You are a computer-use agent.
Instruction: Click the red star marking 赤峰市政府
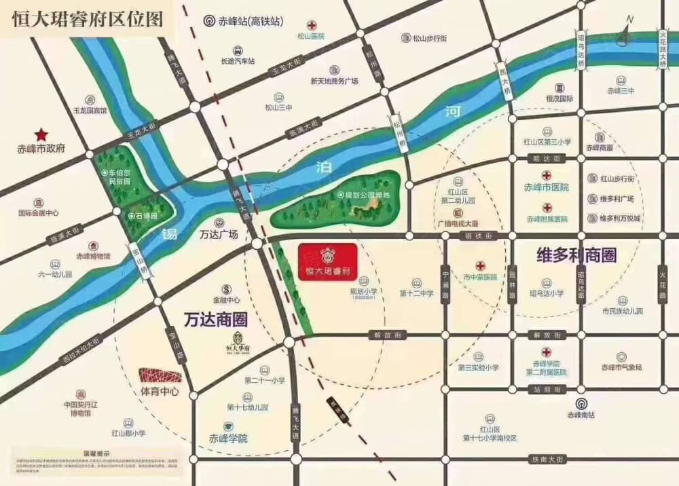41,135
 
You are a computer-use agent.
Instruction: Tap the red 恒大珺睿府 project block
327,262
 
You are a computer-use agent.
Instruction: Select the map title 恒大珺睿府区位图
88,18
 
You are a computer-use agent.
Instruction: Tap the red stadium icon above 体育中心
160,375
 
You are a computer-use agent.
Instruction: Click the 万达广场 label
219,235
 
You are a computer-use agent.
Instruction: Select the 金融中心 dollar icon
227,288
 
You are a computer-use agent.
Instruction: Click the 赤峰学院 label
228,438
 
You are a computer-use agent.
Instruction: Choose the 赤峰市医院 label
546,187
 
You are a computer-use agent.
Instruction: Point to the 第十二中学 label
416,293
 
